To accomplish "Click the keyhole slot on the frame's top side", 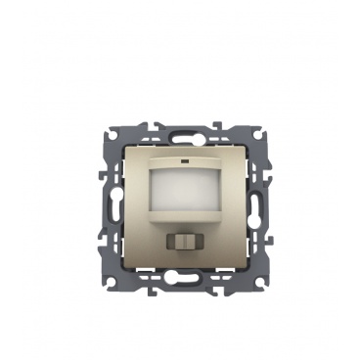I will point(180,126).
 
